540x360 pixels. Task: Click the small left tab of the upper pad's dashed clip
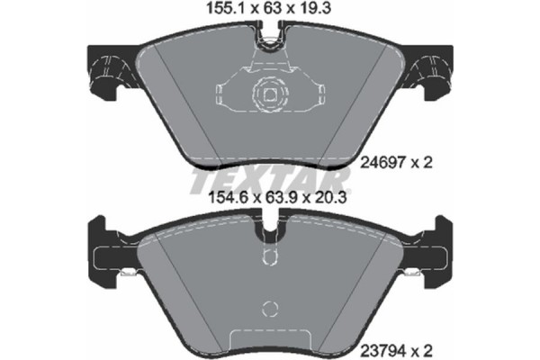(x=222, y=93)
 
